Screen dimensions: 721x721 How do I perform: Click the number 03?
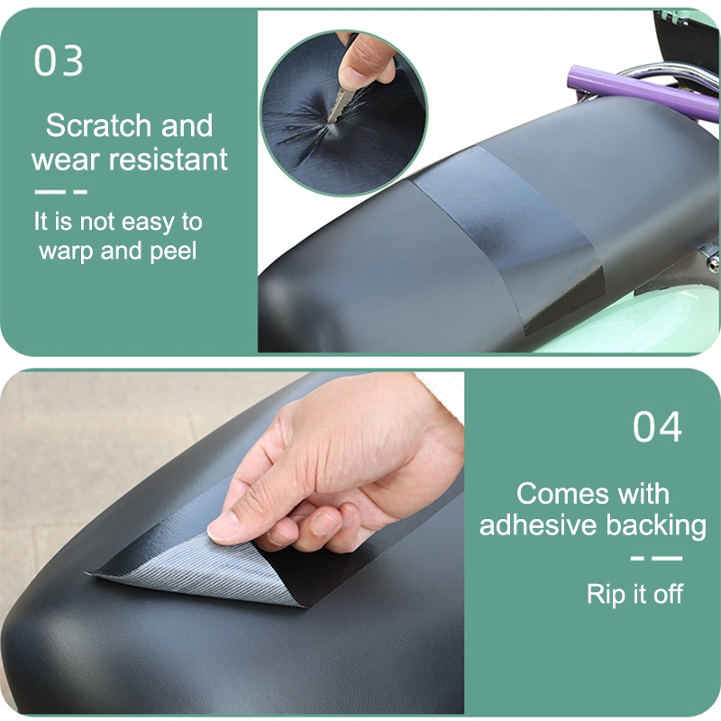tap(59, 60)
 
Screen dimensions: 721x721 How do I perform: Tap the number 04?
tap(657, 426)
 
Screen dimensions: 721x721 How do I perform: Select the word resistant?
tap(168, 160)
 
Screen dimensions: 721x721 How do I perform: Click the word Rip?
tap(607, 595)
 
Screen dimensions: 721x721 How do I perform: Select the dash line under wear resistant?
tap(60, 192)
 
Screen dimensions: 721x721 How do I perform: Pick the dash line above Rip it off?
tap(657, 559)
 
